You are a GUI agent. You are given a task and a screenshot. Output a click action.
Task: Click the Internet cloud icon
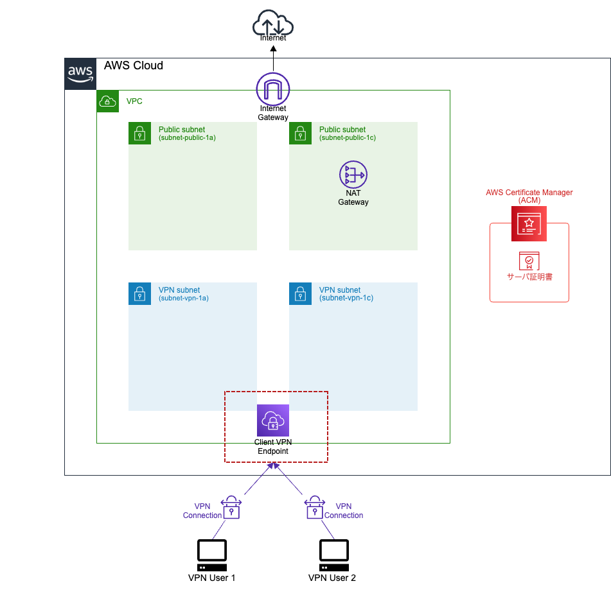tap(273, 25)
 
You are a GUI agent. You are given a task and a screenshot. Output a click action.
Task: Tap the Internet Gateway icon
tap(273, 89)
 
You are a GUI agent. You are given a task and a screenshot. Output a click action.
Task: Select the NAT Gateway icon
tap(353, 175)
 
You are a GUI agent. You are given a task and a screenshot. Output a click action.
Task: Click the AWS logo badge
tap(80, 74)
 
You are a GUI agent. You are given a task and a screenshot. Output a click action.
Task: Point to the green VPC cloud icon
tap(108, 101)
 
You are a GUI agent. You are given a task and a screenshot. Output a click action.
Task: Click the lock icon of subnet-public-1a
tap(139, 134)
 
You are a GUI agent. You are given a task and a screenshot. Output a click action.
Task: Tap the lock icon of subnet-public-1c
tap(300, 134)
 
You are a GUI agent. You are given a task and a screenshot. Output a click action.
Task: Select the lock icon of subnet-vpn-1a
tap(139, 294)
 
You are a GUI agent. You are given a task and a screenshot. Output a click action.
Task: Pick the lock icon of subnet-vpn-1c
tap(300, 294)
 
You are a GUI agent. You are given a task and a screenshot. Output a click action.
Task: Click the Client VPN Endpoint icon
tap(273, 420)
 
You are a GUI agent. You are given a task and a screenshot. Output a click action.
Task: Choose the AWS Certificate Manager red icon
tap(529, 223)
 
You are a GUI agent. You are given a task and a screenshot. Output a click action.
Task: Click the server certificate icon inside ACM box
tap(529, 261)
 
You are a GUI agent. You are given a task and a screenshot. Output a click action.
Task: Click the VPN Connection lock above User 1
tap(231, 507)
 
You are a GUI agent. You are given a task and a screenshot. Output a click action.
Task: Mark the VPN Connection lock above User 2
tap(313, 507)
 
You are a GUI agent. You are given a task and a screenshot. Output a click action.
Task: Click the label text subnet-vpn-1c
tap(346, 298)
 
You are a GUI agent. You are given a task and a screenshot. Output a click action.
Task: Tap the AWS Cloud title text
tap(134, 65)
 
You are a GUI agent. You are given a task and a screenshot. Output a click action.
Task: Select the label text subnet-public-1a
tap(187, 137)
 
